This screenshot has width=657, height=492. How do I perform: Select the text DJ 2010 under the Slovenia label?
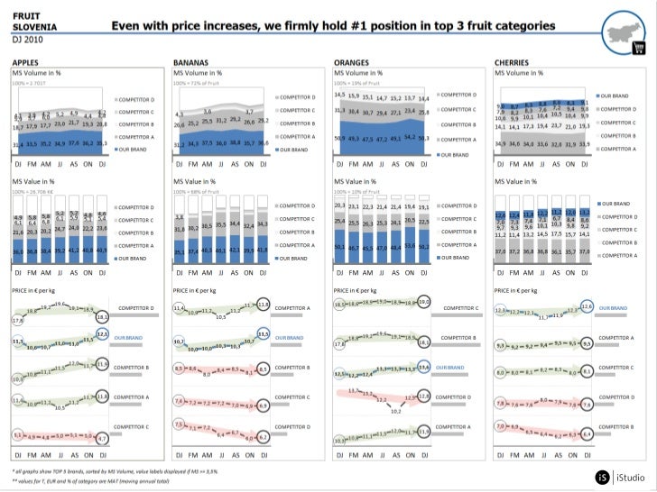click(27, 41)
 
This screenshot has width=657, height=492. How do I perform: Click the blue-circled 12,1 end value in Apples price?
click(102, 334)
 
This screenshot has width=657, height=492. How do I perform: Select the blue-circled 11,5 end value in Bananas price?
click(264, 334)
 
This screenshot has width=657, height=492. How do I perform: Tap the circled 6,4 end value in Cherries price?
click(586, 434)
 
